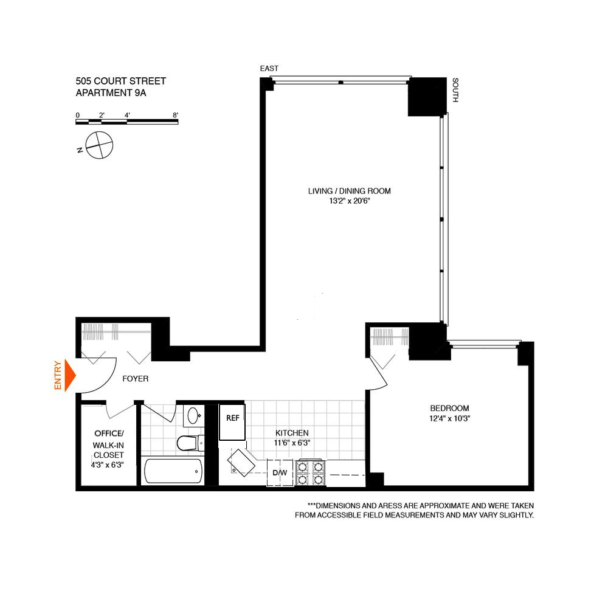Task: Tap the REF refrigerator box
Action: (232, 423)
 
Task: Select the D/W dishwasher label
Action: (280, 472)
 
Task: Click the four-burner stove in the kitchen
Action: (310, 474)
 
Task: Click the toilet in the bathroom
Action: (189, 443)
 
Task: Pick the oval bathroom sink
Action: (193, 416)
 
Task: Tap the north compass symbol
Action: (98, 145)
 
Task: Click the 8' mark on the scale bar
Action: (175, 116)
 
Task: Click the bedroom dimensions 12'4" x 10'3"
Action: (449, 418)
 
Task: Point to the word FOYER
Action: (135, 379)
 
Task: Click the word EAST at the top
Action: (269, 69)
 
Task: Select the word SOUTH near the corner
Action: (454, 89)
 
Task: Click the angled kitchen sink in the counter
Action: (241, 462)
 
